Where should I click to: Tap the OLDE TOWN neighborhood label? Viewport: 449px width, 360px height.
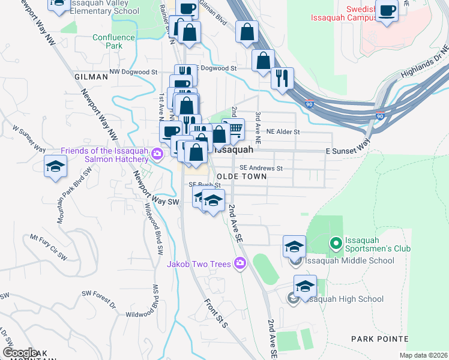point(241,177)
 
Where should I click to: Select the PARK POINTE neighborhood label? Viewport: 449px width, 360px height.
point(379,340)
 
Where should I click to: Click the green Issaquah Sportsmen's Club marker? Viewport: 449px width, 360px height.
point(336,244)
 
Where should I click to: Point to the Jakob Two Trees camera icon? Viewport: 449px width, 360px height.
point(241,263)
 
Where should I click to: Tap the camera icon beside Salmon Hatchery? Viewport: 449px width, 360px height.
point(157,154)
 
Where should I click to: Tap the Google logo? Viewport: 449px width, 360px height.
point(20,353)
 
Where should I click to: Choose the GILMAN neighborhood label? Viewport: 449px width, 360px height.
point(91,77)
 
